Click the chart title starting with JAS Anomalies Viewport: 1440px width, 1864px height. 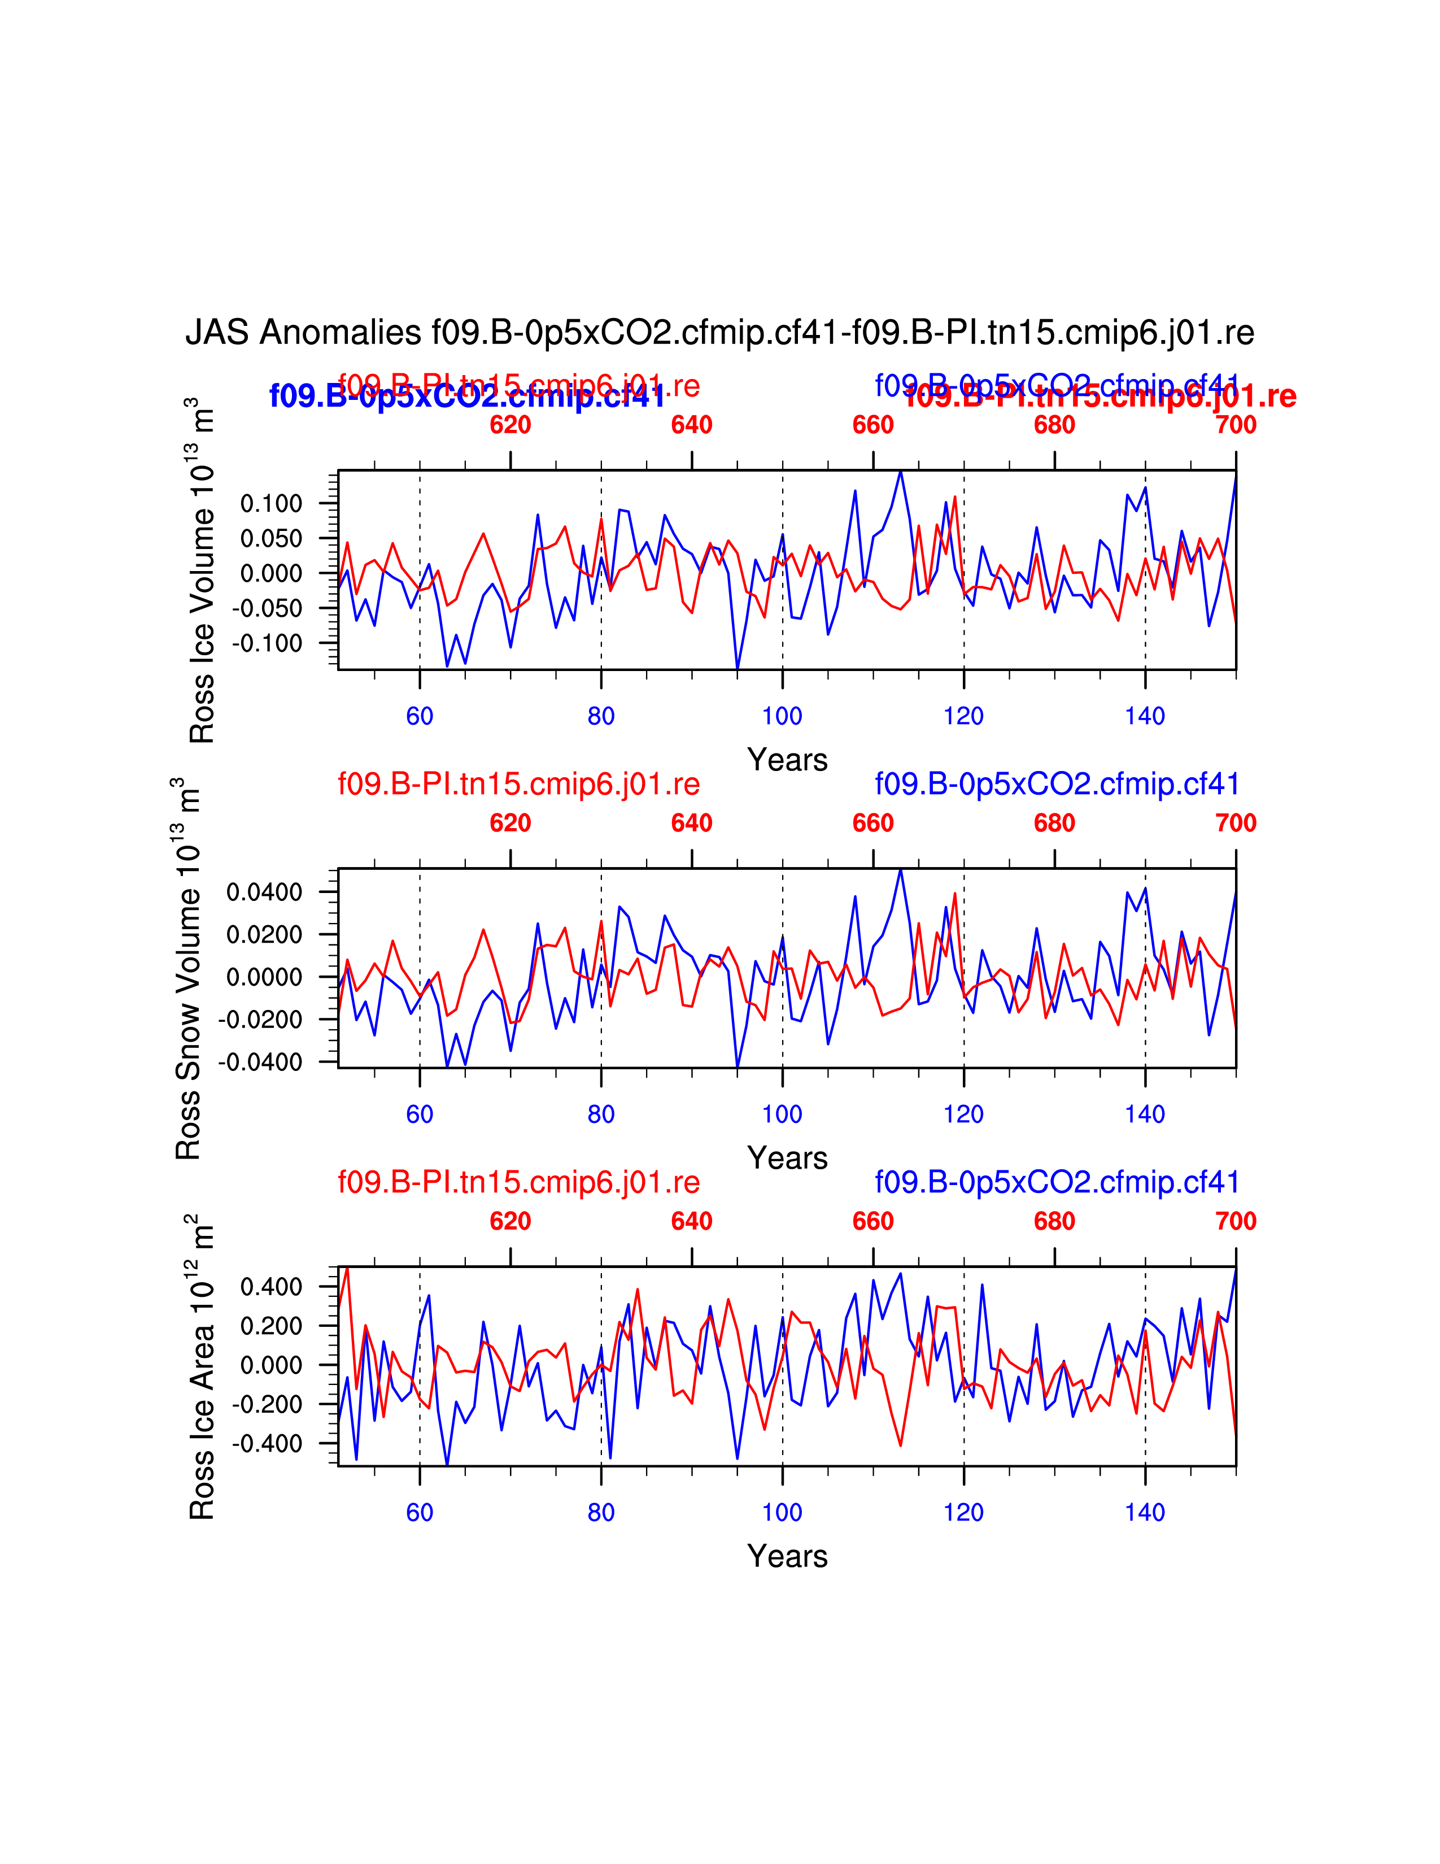[719, 333]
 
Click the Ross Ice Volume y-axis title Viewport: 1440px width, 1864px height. [202, 570]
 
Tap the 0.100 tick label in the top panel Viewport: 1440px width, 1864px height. [271, 503]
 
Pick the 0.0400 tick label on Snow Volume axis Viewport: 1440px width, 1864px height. [264, 892]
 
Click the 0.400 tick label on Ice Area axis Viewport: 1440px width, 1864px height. [271, 1286]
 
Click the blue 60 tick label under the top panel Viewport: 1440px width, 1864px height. [420, 716]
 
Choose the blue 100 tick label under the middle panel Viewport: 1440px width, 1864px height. [782, 1114]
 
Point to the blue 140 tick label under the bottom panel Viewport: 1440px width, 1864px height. [1145, 1512]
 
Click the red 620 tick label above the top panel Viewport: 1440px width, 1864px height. [510, 425]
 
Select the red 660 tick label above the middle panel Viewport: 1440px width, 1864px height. [872, 824]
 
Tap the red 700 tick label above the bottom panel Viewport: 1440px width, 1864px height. [1235, 1221]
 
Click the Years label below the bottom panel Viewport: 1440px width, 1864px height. [787, 1556]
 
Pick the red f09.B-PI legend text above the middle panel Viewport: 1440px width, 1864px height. [518, 783]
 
